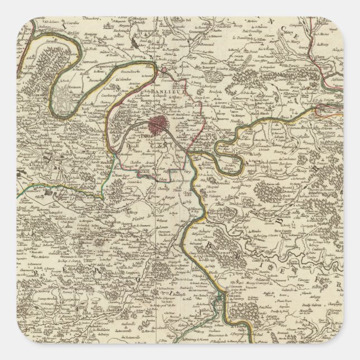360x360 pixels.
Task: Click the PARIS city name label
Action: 148,134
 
